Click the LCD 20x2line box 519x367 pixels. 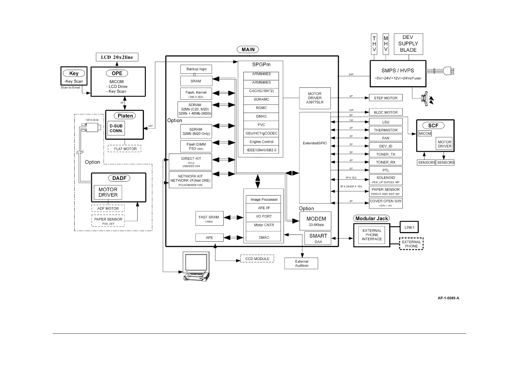(117, 57)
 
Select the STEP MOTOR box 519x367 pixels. (386, 98)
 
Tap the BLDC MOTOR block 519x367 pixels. (386, 112)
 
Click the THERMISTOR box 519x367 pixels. (386, 130)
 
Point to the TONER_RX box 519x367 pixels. (386, 162)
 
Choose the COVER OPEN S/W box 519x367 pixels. (386, 203)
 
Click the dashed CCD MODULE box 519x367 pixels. (257, 259)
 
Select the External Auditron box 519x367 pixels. (301, 263)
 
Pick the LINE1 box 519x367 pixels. (409, 227)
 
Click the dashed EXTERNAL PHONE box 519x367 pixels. (411, 244)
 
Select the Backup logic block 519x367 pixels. (196, 69)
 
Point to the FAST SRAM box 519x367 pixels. (209, 219)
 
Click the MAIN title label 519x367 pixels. (248, 49)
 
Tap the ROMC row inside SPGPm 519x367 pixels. (261, 108)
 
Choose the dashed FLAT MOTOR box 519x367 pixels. (125, 149)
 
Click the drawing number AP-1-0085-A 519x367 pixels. (448, 298)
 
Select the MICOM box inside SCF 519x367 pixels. (425, 134)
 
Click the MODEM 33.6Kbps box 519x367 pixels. (315, 221)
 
